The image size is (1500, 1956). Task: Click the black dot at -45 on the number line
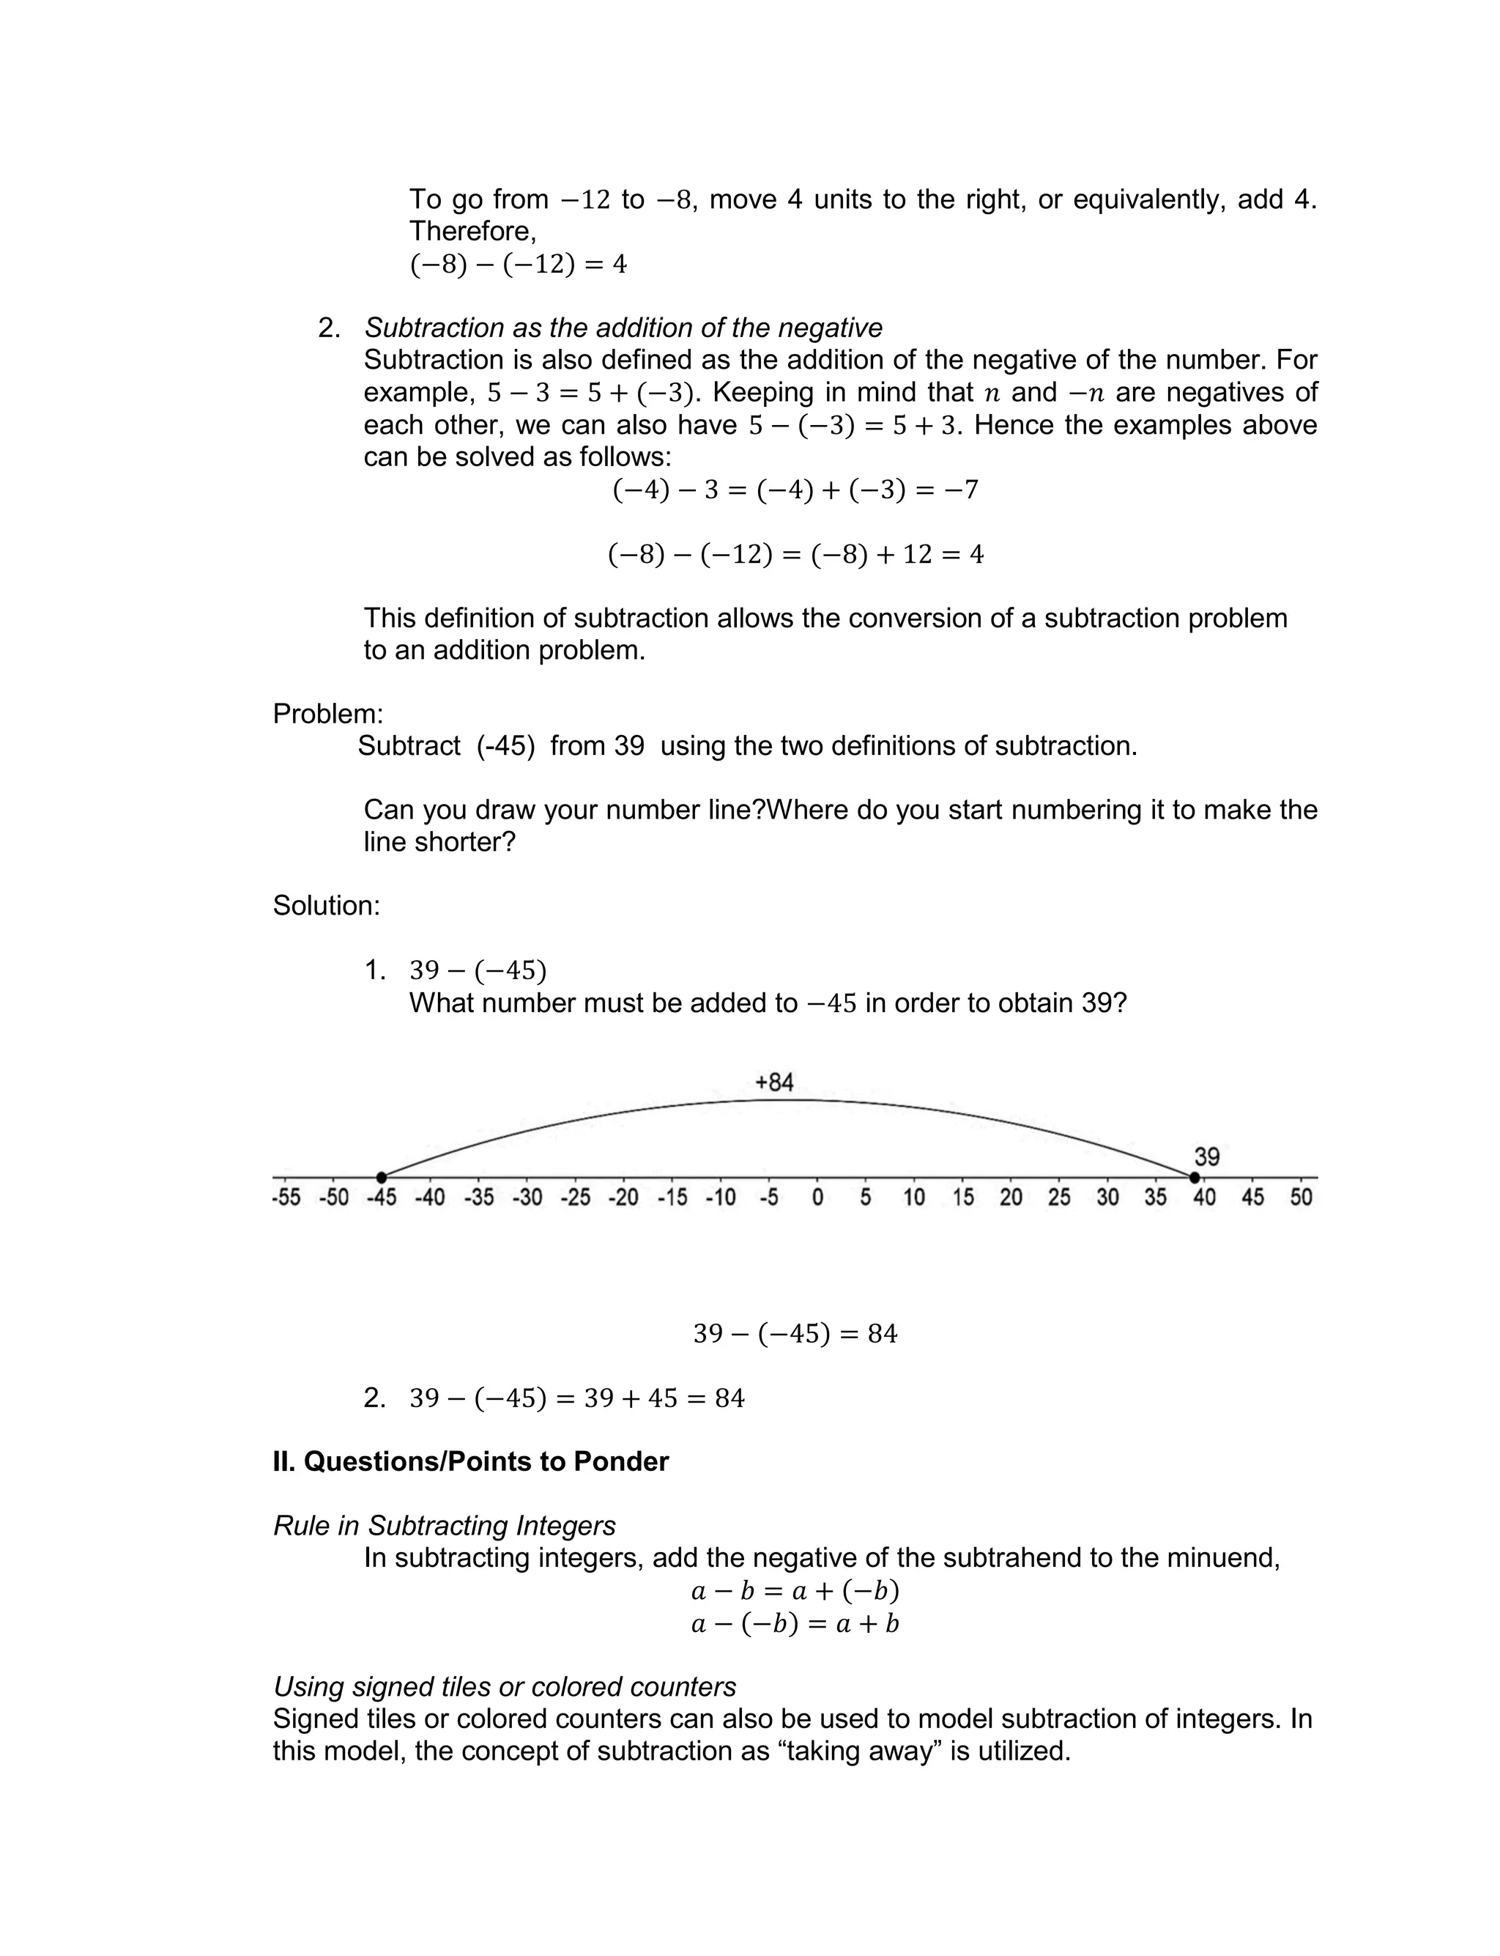coord(382,1177)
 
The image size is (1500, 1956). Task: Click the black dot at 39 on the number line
coord(1195,1177)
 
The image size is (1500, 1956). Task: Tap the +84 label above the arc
coord(774,1082)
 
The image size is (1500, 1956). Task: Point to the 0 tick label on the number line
coord(817,1197)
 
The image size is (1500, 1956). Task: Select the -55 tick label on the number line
coord(286,1197)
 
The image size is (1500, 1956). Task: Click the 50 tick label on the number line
coord(1301,1197)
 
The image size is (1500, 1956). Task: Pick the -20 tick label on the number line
coord(623,1197)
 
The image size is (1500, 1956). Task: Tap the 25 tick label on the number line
coord(1059,1197)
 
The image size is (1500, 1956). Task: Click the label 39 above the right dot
coord(1206,1157)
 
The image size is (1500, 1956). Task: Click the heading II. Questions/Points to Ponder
coord(470,1462)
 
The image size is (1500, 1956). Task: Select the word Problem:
coord(327,714)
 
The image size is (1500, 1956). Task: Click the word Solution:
coord(326,906)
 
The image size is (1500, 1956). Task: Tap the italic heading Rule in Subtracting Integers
coord(444,1526)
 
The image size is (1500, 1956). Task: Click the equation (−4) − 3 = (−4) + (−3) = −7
coord(795,490)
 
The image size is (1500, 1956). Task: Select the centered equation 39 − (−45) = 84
coord(795,1334)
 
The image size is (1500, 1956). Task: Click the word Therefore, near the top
coord(472,232)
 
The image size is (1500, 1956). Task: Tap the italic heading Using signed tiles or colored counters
coord(505,1686)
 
